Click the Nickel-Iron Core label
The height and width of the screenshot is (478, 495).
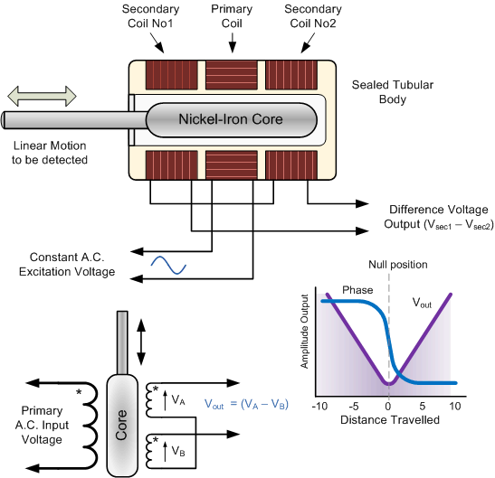coord(231,119)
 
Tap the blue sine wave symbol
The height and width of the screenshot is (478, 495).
coord(168,265)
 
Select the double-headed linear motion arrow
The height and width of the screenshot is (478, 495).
coord(42,96)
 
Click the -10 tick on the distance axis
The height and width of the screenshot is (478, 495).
coord(319,406)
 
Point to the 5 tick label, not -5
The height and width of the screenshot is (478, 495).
coord(423,406)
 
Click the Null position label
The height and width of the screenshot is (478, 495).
coord(398,265)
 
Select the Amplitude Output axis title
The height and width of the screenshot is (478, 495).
coord(304,332)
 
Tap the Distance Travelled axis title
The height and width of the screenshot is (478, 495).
coord(390,420)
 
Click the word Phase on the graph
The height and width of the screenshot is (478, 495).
coord(357,290)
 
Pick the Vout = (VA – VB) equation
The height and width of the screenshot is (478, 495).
coord(246,404)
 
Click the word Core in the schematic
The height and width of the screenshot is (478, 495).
coord(121,425)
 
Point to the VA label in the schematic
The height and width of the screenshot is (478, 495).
coord(178,399)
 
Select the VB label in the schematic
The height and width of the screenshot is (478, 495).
coord(178,451)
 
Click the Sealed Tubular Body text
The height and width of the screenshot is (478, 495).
coord(393,92)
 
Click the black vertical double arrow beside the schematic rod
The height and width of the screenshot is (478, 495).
coord(141,342)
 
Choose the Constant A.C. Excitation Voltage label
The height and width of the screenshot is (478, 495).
coord(67,264)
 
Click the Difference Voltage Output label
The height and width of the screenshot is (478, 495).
coord(439,217)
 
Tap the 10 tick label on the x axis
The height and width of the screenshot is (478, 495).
coord(455,406)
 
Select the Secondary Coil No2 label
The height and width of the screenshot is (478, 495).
coord(313,16)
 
